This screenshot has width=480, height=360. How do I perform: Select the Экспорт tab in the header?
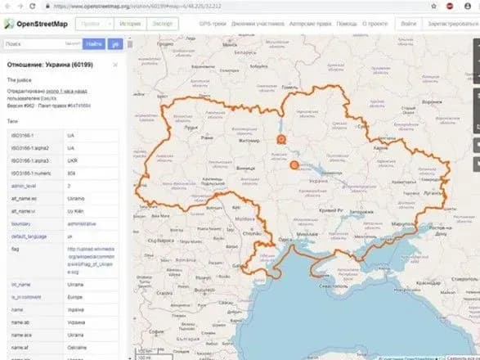(x=163, y=24)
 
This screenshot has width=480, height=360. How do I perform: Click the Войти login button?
(x=407, y=24)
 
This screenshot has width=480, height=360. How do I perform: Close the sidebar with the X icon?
(x=116, y=64)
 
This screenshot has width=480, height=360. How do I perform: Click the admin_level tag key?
(x=22, y=187)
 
